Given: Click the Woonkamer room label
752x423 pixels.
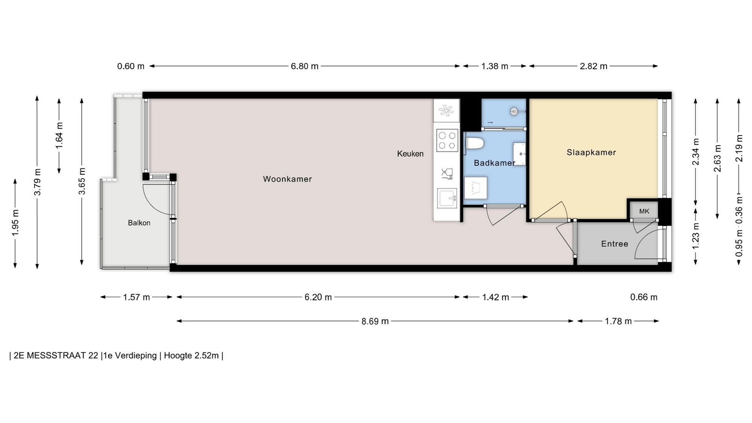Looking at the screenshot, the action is pos(287,179).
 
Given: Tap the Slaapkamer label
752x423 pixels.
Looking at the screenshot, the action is pos(591,152).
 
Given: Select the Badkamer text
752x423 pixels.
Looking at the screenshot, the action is pos(494,163).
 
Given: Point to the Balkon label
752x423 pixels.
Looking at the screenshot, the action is pos(139,223).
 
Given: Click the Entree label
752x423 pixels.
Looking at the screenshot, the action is pos(615,244).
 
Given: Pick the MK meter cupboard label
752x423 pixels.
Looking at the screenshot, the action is pos(644,211).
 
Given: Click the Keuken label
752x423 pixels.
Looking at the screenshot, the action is pos(410,154).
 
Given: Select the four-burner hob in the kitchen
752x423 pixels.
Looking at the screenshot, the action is pos(447,140).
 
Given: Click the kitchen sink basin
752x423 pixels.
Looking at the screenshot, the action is pos(447,199).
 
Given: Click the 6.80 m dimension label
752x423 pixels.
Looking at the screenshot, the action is pos(304,66).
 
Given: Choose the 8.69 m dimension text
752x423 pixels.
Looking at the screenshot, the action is pos(375,321).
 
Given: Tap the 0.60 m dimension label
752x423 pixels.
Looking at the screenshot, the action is pos(131,66).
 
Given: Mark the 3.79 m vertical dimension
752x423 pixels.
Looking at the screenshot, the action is pos(37,182).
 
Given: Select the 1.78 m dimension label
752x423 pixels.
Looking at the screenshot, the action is pos(618,321).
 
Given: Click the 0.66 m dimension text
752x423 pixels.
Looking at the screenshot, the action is pos(644,297).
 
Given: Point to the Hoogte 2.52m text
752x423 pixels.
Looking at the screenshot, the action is pos(191,356).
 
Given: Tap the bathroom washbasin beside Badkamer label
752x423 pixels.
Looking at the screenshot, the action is pos(519,154).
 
